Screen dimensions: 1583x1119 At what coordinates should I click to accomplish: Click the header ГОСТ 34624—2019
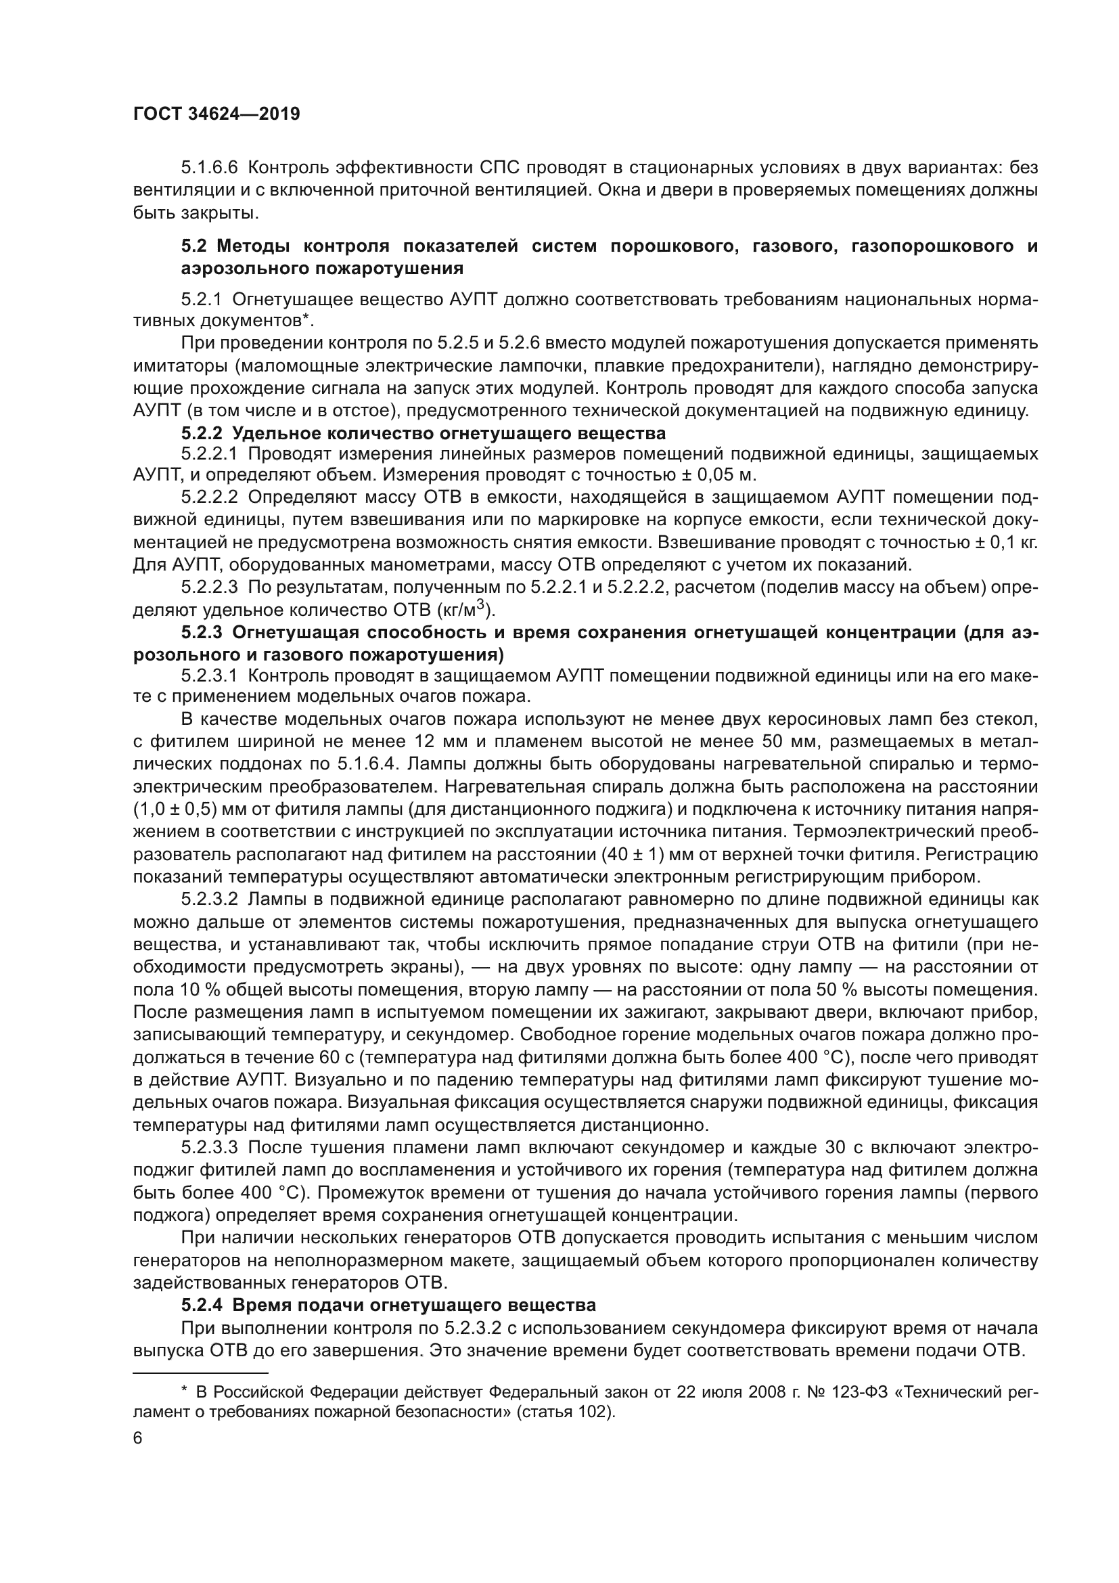coord(216,114)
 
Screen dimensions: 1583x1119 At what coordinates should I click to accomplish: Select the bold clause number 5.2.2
coord(202,434)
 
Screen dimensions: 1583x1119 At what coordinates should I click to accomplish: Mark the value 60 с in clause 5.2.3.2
coord(336,1057)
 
